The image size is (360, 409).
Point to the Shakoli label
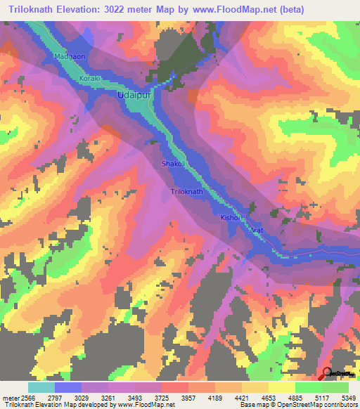(x=174, y=163)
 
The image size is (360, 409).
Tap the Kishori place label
(x=232, y=219)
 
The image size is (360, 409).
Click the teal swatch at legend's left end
(x=41, y=387)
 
